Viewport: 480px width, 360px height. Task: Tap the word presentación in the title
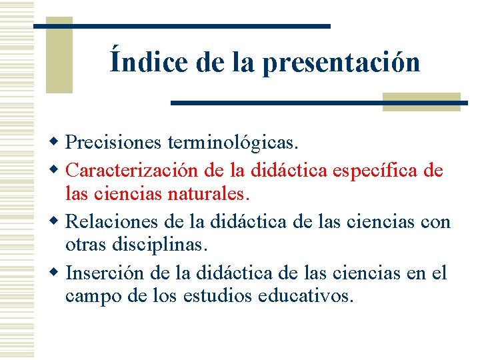[x=341, y=63]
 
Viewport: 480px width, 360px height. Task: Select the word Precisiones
[x=113, y=143]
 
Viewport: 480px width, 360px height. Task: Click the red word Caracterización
[x=134, y=171]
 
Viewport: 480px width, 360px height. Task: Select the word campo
[x=91, y=296]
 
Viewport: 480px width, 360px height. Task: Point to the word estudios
[x=226, y=295]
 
